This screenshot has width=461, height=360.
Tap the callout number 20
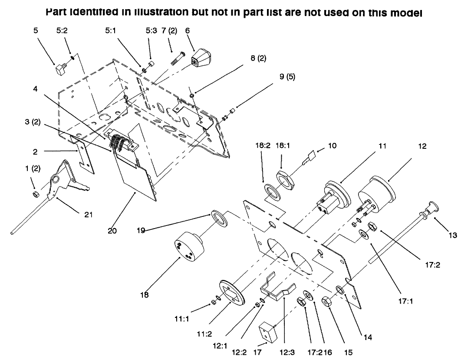[x=112, y=231]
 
